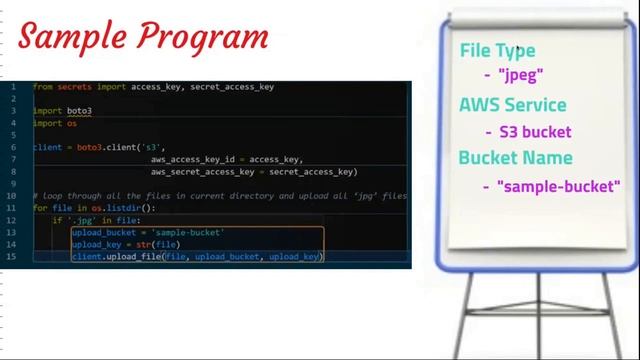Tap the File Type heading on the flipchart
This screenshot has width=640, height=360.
click(x=497, y=51)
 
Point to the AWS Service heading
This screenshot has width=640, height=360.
click(x=512, y=105)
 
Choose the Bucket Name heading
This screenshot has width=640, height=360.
click(x=515, y=158)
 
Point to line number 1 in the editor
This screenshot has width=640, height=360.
click(x=13, y=87)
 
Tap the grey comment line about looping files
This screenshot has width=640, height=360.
click(x=220, y=196)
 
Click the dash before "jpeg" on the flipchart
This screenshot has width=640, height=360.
click(x=486, y=75)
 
